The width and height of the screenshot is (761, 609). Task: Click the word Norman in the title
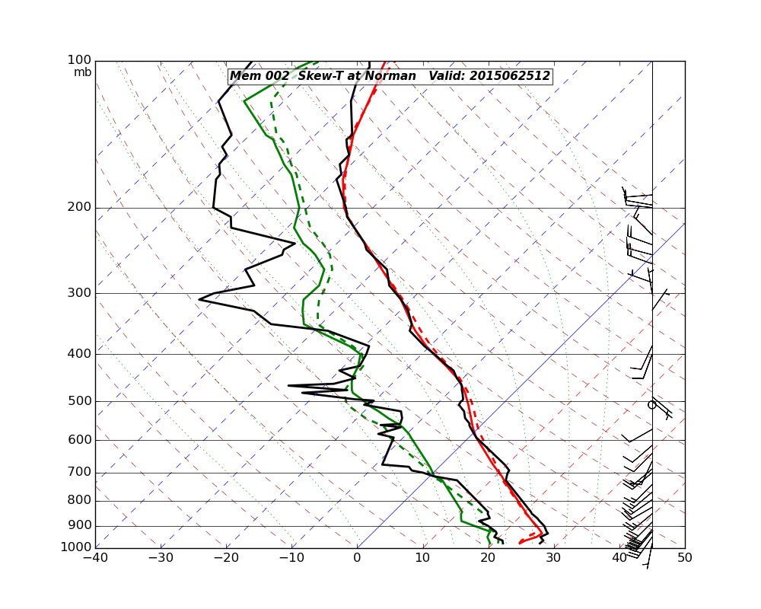391,76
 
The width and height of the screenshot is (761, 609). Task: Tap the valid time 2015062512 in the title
510,76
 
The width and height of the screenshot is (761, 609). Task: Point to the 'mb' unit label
82,72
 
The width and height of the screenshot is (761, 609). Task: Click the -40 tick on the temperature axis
95,558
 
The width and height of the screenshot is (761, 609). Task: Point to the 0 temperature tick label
357,558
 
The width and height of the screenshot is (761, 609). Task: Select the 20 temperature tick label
488,558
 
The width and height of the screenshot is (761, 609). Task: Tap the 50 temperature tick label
684,558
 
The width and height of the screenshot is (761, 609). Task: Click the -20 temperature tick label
226,558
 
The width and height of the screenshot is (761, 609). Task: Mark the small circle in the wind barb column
651,405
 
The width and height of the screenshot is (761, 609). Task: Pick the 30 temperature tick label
553,558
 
